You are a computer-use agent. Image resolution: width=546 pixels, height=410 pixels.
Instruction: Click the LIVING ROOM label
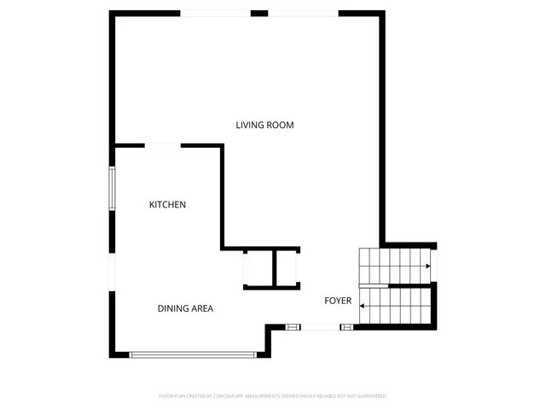(x=264, y=126)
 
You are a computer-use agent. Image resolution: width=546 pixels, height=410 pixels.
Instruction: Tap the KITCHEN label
(x=167, y=205)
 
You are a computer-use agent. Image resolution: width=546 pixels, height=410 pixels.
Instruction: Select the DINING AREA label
(x=184, y=308)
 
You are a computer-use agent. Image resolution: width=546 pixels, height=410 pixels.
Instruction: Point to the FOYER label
(x=338, y=301)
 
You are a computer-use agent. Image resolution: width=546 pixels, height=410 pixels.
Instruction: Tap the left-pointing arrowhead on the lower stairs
(x=363, y=305)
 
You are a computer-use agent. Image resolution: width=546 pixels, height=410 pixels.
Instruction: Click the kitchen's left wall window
(x=111, y=188)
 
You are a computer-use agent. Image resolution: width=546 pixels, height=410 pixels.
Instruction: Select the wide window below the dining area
(x=193, y=354)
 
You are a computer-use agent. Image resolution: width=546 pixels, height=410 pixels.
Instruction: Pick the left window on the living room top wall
(x=216, y=13)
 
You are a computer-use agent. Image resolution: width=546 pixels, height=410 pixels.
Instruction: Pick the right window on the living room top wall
(x=304, y=13)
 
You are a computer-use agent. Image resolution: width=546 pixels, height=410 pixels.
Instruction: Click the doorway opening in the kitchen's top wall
(x=162, y=146)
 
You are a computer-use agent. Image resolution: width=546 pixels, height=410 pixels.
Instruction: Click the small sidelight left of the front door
(x=293, y=326)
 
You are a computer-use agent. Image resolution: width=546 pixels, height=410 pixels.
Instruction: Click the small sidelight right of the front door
(x=346, y=326)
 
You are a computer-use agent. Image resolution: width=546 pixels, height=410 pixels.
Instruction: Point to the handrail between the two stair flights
(x=396, y=285)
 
